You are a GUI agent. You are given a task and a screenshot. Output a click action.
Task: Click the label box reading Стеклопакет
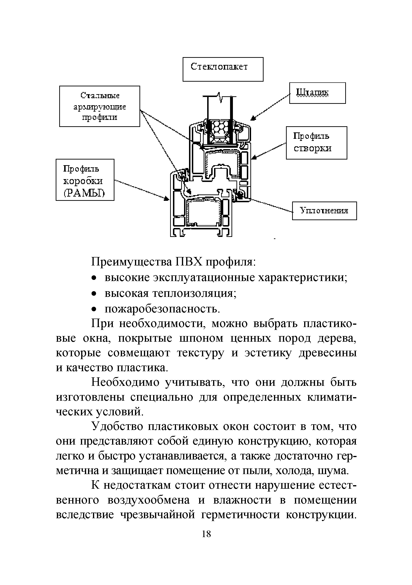223,69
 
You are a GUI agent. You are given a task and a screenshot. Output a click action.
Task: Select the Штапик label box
317,93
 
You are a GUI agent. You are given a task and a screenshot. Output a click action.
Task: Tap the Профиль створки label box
316,143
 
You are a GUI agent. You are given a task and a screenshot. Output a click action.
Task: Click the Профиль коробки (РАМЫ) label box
85,180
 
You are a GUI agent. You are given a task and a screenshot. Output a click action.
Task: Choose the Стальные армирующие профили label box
99,106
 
